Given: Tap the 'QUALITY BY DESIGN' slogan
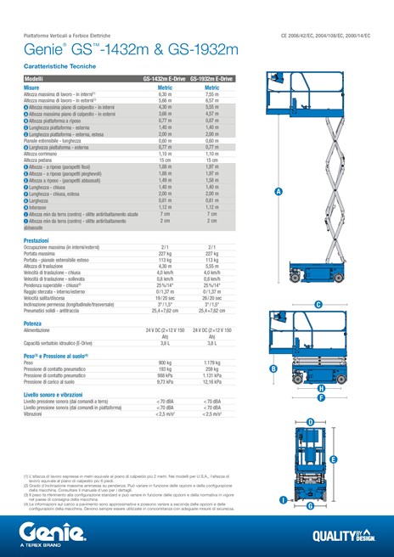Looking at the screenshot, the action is point(343,535).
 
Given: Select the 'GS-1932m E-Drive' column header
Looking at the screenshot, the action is point(212,79).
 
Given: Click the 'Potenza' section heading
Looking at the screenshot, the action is point(33,324).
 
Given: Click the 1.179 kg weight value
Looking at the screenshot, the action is point(212,363).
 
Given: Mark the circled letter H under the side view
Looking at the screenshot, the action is point(321,389).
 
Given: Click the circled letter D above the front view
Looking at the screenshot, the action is point(310,422).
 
